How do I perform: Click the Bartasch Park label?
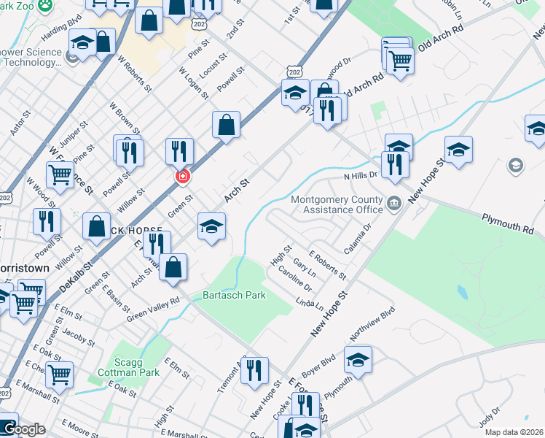(234, 296)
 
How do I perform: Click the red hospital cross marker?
(182, 177)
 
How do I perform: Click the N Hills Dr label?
(361, 176)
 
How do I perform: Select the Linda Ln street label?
(310, 303)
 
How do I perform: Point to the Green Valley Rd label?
(153, 309)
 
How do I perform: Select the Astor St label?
(17, 123)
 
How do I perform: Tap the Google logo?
(24, 429)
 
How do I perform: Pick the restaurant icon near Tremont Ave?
(254, 370)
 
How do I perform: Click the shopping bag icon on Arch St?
(227, 125)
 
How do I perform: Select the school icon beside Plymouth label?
(358, 359)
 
